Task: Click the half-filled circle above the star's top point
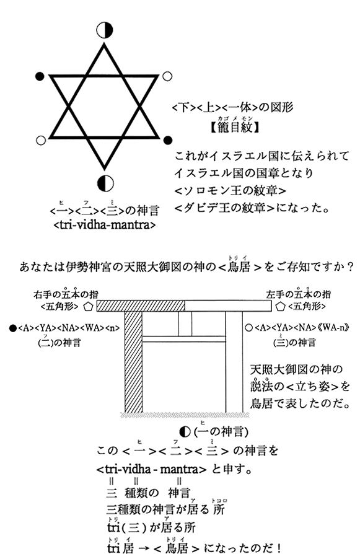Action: tap(105, 30)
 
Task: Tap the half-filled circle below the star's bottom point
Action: tap(105, 183)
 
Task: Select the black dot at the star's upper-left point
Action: tap(40, 76)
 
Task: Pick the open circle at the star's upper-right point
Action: tap(167, 76)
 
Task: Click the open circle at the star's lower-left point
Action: tap(41, 140)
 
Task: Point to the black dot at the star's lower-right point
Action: tap(168, 140)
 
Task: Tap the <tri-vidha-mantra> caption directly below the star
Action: tap(105, 225)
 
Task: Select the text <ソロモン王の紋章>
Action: tap(230, 190)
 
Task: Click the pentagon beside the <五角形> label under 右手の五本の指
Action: tap(88, 306)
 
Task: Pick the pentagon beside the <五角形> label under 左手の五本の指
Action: tap(281, 306)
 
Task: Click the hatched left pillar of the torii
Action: tap(134, 362)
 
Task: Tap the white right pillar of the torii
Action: tap(234, 362)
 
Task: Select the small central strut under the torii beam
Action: tap(185, 323)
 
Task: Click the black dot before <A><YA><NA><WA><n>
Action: tap(13, 328)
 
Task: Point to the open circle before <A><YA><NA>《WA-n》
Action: tap(248, 328)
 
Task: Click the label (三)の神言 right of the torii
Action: tap(294, 342)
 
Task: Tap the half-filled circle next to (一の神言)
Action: tap(185, 431)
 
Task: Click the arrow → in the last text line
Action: tap(143, 548)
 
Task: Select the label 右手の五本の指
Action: tap(66, 294)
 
